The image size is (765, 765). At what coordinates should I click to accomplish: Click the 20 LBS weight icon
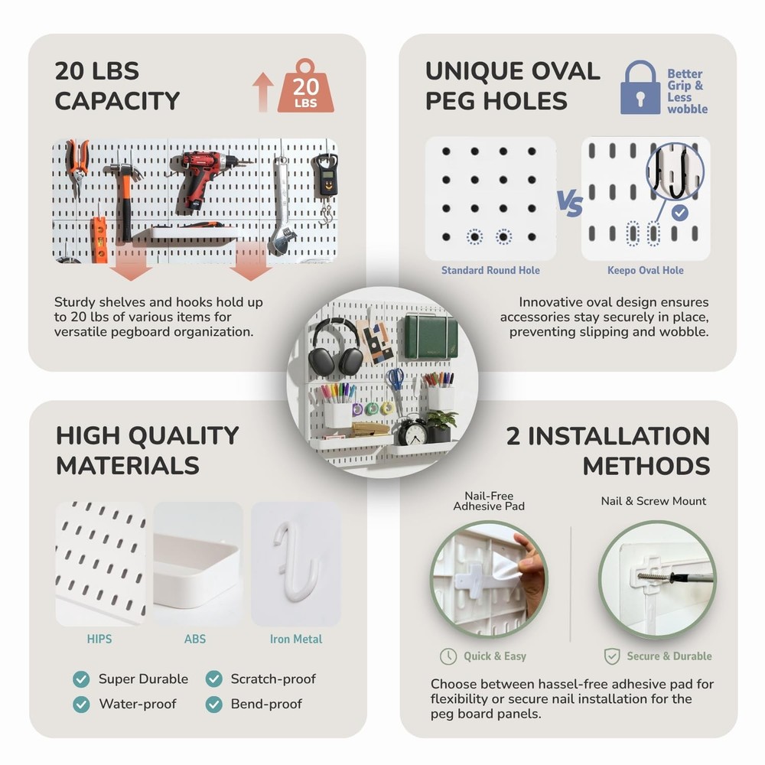coord(305,87)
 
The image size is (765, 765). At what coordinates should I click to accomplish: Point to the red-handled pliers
coord(76,164)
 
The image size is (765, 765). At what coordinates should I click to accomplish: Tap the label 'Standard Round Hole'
coord(490,270)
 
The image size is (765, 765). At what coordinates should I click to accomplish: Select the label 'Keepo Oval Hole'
coord(645,270)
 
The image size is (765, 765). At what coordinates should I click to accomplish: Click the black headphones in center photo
coord(335,348)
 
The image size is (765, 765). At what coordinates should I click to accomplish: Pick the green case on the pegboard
coord(431,337)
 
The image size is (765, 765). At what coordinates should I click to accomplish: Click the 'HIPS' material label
coord(99,639)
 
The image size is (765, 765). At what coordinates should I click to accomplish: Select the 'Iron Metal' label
coord(296,639)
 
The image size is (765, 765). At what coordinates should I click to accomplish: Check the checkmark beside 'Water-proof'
coord(81,704)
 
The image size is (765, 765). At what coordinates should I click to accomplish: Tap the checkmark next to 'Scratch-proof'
coord(213,679)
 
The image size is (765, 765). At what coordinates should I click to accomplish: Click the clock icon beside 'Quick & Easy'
coord(448,656)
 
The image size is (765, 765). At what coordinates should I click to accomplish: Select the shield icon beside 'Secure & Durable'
coord(612,656)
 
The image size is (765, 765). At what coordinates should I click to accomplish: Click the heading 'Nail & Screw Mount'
coord(653,501)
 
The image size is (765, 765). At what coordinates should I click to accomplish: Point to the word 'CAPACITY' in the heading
coord(117,101)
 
